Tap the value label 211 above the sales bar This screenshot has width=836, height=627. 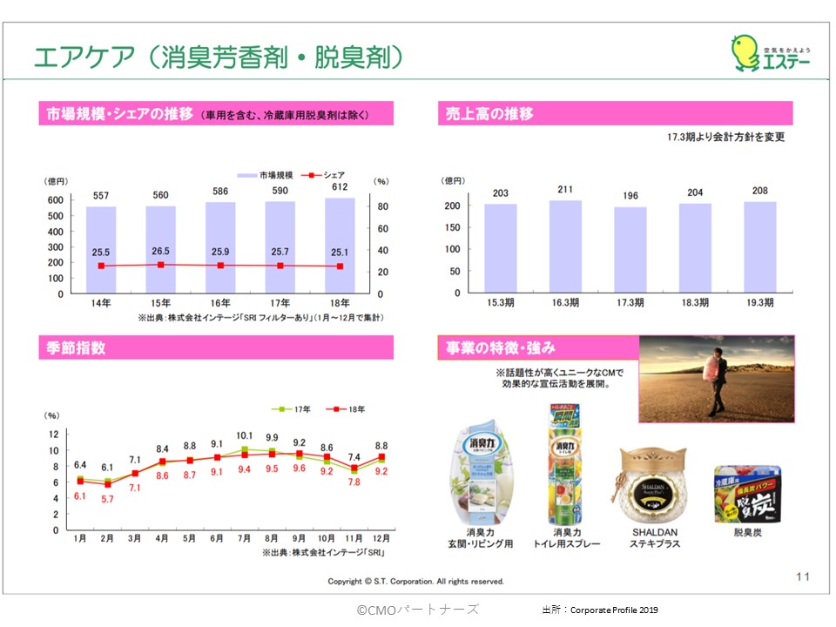pos(565,189)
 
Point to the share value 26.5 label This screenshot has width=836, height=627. pos(160,252)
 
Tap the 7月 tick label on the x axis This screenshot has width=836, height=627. pos(245,538)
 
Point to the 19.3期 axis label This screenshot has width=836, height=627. pos(760,303)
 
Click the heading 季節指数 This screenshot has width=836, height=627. pos(78,348)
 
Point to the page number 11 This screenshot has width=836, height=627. pos(803,576)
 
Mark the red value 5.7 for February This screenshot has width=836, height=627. pos(107,500)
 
